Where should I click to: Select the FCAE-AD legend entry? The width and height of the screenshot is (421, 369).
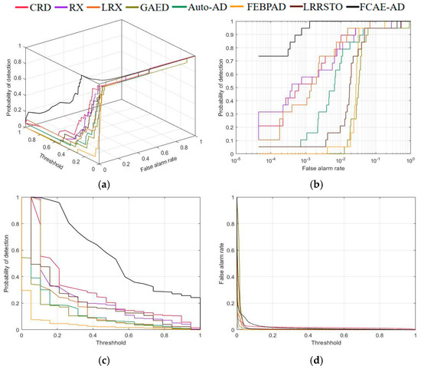click(x=398, y=8)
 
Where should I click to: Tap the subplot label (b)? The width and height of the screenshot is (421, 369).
click(x=315, y=184)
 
